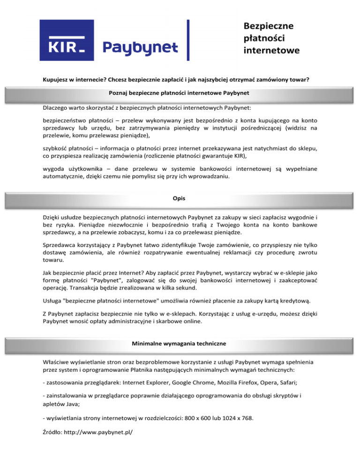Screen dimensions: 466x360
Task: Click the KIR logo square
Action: (x=67, y=40)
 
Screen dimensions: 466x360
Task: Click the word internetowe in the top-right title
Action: (x=271, y=50)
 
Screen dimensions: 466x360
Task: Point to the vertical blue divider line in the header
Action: (x=188, y=40)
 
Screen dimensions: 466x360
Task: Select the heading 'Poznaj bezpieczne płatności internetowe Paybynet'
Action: (x=180, y=93)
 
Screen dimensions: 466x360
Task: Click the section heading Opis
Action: (x=180, y=198)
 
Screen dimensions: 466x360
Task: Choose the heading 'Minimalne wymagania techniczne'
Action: (x=180, y=344)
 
